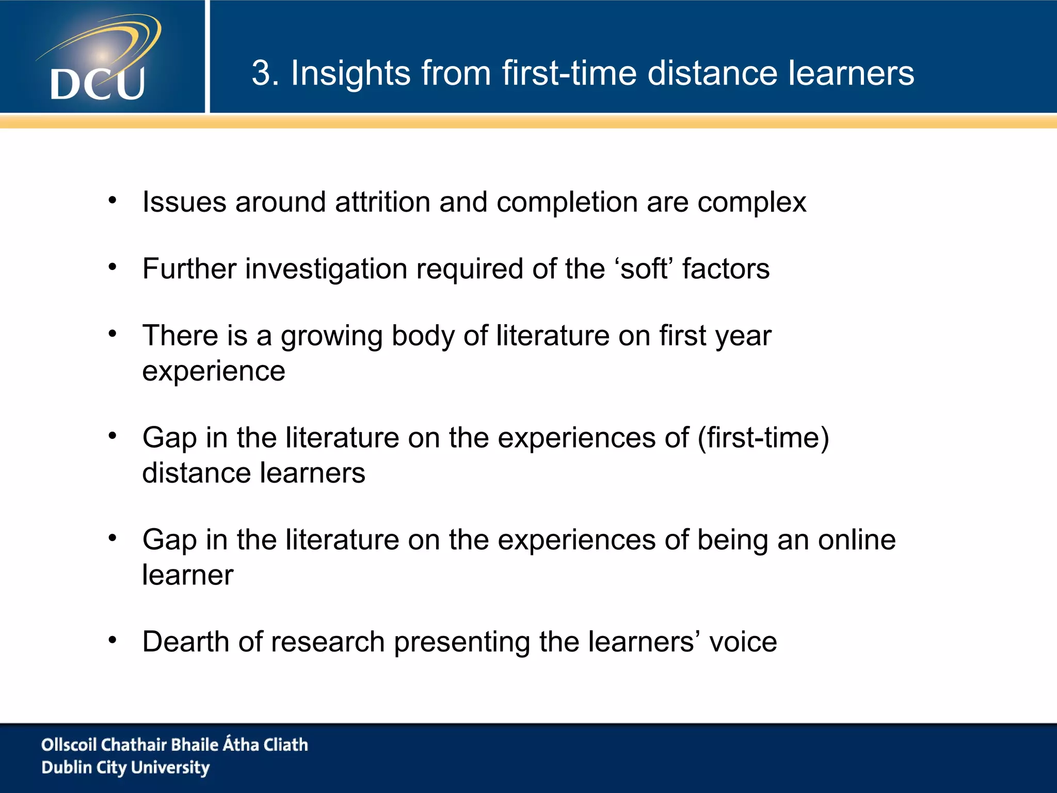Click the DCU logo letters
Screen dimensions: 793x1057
(x=98, y=84)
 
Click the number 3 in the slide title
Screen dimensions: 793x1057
(x=262, y=73)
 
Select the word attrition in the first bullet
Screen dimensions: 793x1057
(x=382, y=202)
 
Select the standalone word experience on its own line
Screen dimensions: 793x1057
(x=214, y=372)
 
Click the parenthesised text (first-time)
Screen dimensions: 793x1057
(x=763, y=438)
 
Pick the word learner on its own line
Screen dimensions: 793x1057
(x=188, y=575)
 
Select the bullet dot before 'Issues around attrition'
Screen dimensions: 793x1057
(x=113, y=200)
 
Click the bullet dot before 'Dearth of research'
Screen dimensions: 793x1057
(x=113, y=640)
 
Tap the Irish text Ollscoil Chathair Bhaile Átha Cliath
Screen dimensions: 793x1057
(x=174, y=744)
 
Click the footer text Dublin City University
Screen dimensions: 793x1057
(x=125, y=768)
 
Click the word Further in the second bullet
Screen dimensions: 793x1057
(x=189, y=269)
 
